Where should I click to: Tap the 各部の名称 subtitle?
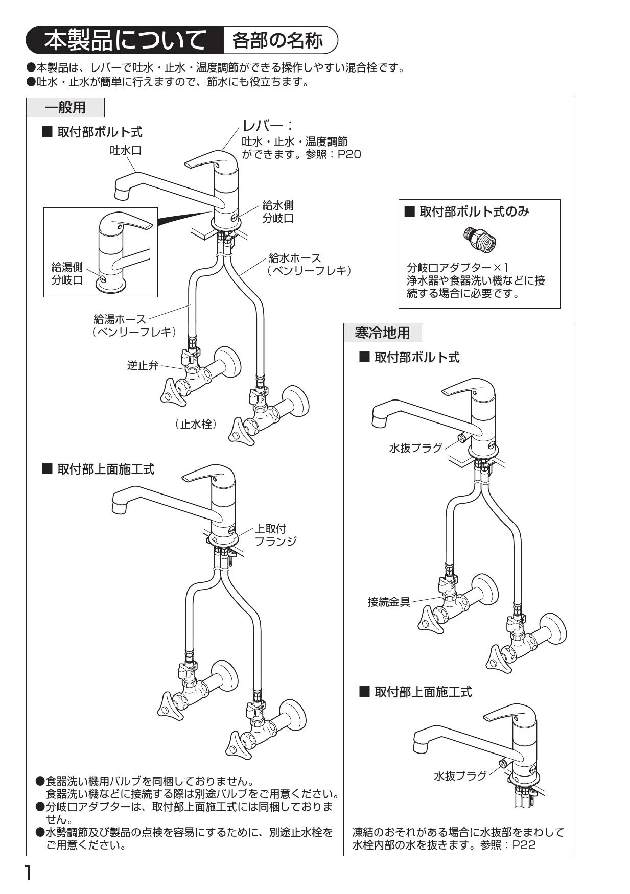[x=277, y=40]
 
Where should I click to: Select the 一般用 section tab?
[x=65, y=108]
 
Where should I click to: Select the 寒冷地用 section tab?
[x=383, y=333]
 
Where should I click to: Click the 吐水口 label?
[x=126, y=150]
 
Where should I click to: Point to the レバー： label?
[x=267, y=126]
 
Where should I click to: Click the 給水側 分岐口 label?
[x=278, y=212]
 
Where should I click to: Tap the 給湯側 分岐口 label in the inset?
[x=67, y=273]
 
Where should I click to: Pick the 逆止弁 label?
[x=143, y=365]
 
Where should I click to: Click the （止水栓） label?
[x=196, y=424]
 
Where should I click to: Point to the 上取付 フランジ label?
[x=275, y=535]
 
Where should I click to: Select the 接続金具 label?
[x=389, y=602]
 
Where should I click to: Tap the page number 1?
[x=29, y=873]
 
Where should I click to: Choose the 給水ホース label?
[x=295, y=258]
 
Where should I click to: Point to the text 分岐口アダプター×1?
[x=457, y=267]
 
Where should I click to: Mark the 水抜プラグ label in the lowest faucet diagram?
[x=460, y=776]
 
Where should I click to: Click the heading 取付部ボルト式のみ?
[x=474, y=211]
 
